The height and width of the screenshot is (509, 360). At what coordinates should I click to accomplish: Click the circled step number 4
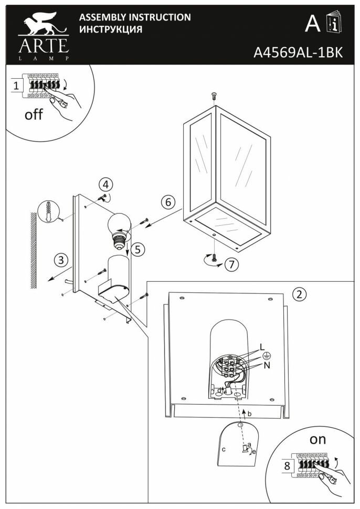pyautogui.click(x=107, y=185)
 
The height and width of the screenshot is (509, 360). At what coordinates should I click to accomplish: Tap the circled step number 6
pyautogui.click(x=167, y=202)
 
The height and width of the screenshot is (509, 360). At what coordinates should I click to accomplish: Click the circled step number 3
pyautogui.click(x=62, y=259)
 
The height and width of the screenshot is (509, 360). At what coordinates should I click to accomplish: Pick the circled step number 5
pyautogui.click(x=137, y=250)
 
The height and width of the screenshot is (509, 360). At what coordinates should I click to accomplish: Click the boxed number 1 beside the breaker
pyautogui.click(x=17, y=84)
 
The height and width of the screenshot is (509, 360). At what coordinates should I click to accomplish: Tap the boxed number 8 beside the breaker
pyautogui.click(x=287, y=464)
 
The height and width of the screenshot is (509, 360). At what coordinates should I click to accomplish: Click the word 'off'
pyautogui.click(x=34, y=114)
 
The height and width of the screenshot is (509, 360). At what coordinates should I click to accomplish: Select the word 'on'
pyautogui.click(x=318, y=440)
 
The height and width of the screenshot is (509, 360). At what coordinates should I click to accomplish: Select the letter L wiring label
pyautogui.click(x=262, y=347)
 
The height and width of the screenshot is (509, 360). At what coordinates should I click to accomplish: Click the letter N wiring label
pyautogui.click(x=267, y=365)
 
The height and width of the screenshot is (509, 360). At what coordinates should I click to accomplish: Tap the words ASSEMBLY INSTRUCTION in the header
pyautogui.click(x=134, y=17)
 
